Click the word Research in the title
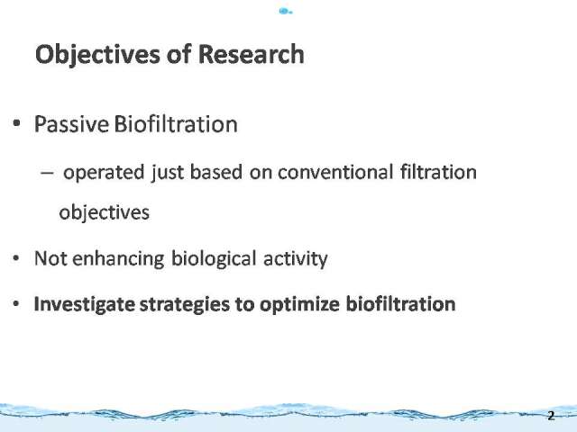252,54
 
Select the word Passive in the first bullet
71,124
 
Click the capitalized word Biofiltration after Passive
176,124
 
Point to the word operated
104,173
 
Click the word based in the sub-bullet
216,172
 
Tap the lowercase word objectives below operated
105,213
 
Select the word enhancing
118,259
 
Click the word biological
214,259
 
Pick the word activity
296,259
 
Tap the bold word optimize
299,305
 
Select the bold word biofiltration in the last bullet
400,304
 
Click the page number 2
551,416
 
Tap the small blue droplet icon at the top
285,12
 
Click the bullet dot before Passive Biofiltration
16,123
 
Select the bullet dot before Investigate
16,304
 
